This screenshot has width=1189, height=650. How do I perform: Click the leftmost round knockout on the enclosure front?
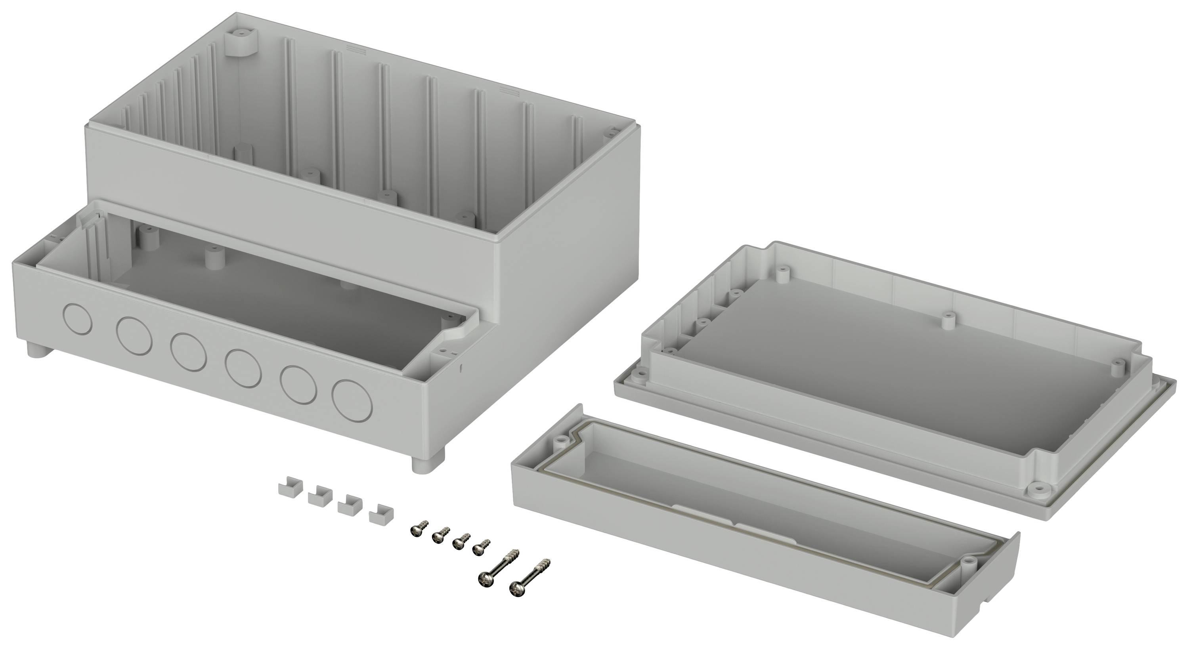click(77, 318)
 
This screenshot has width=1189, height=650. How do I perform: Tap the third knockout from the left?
click(188, 351)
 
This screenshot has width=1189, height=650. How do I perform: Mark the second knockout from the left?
click(134, 335)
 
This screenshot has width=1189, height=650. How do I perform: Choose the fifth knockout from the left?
click(298, 384)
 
